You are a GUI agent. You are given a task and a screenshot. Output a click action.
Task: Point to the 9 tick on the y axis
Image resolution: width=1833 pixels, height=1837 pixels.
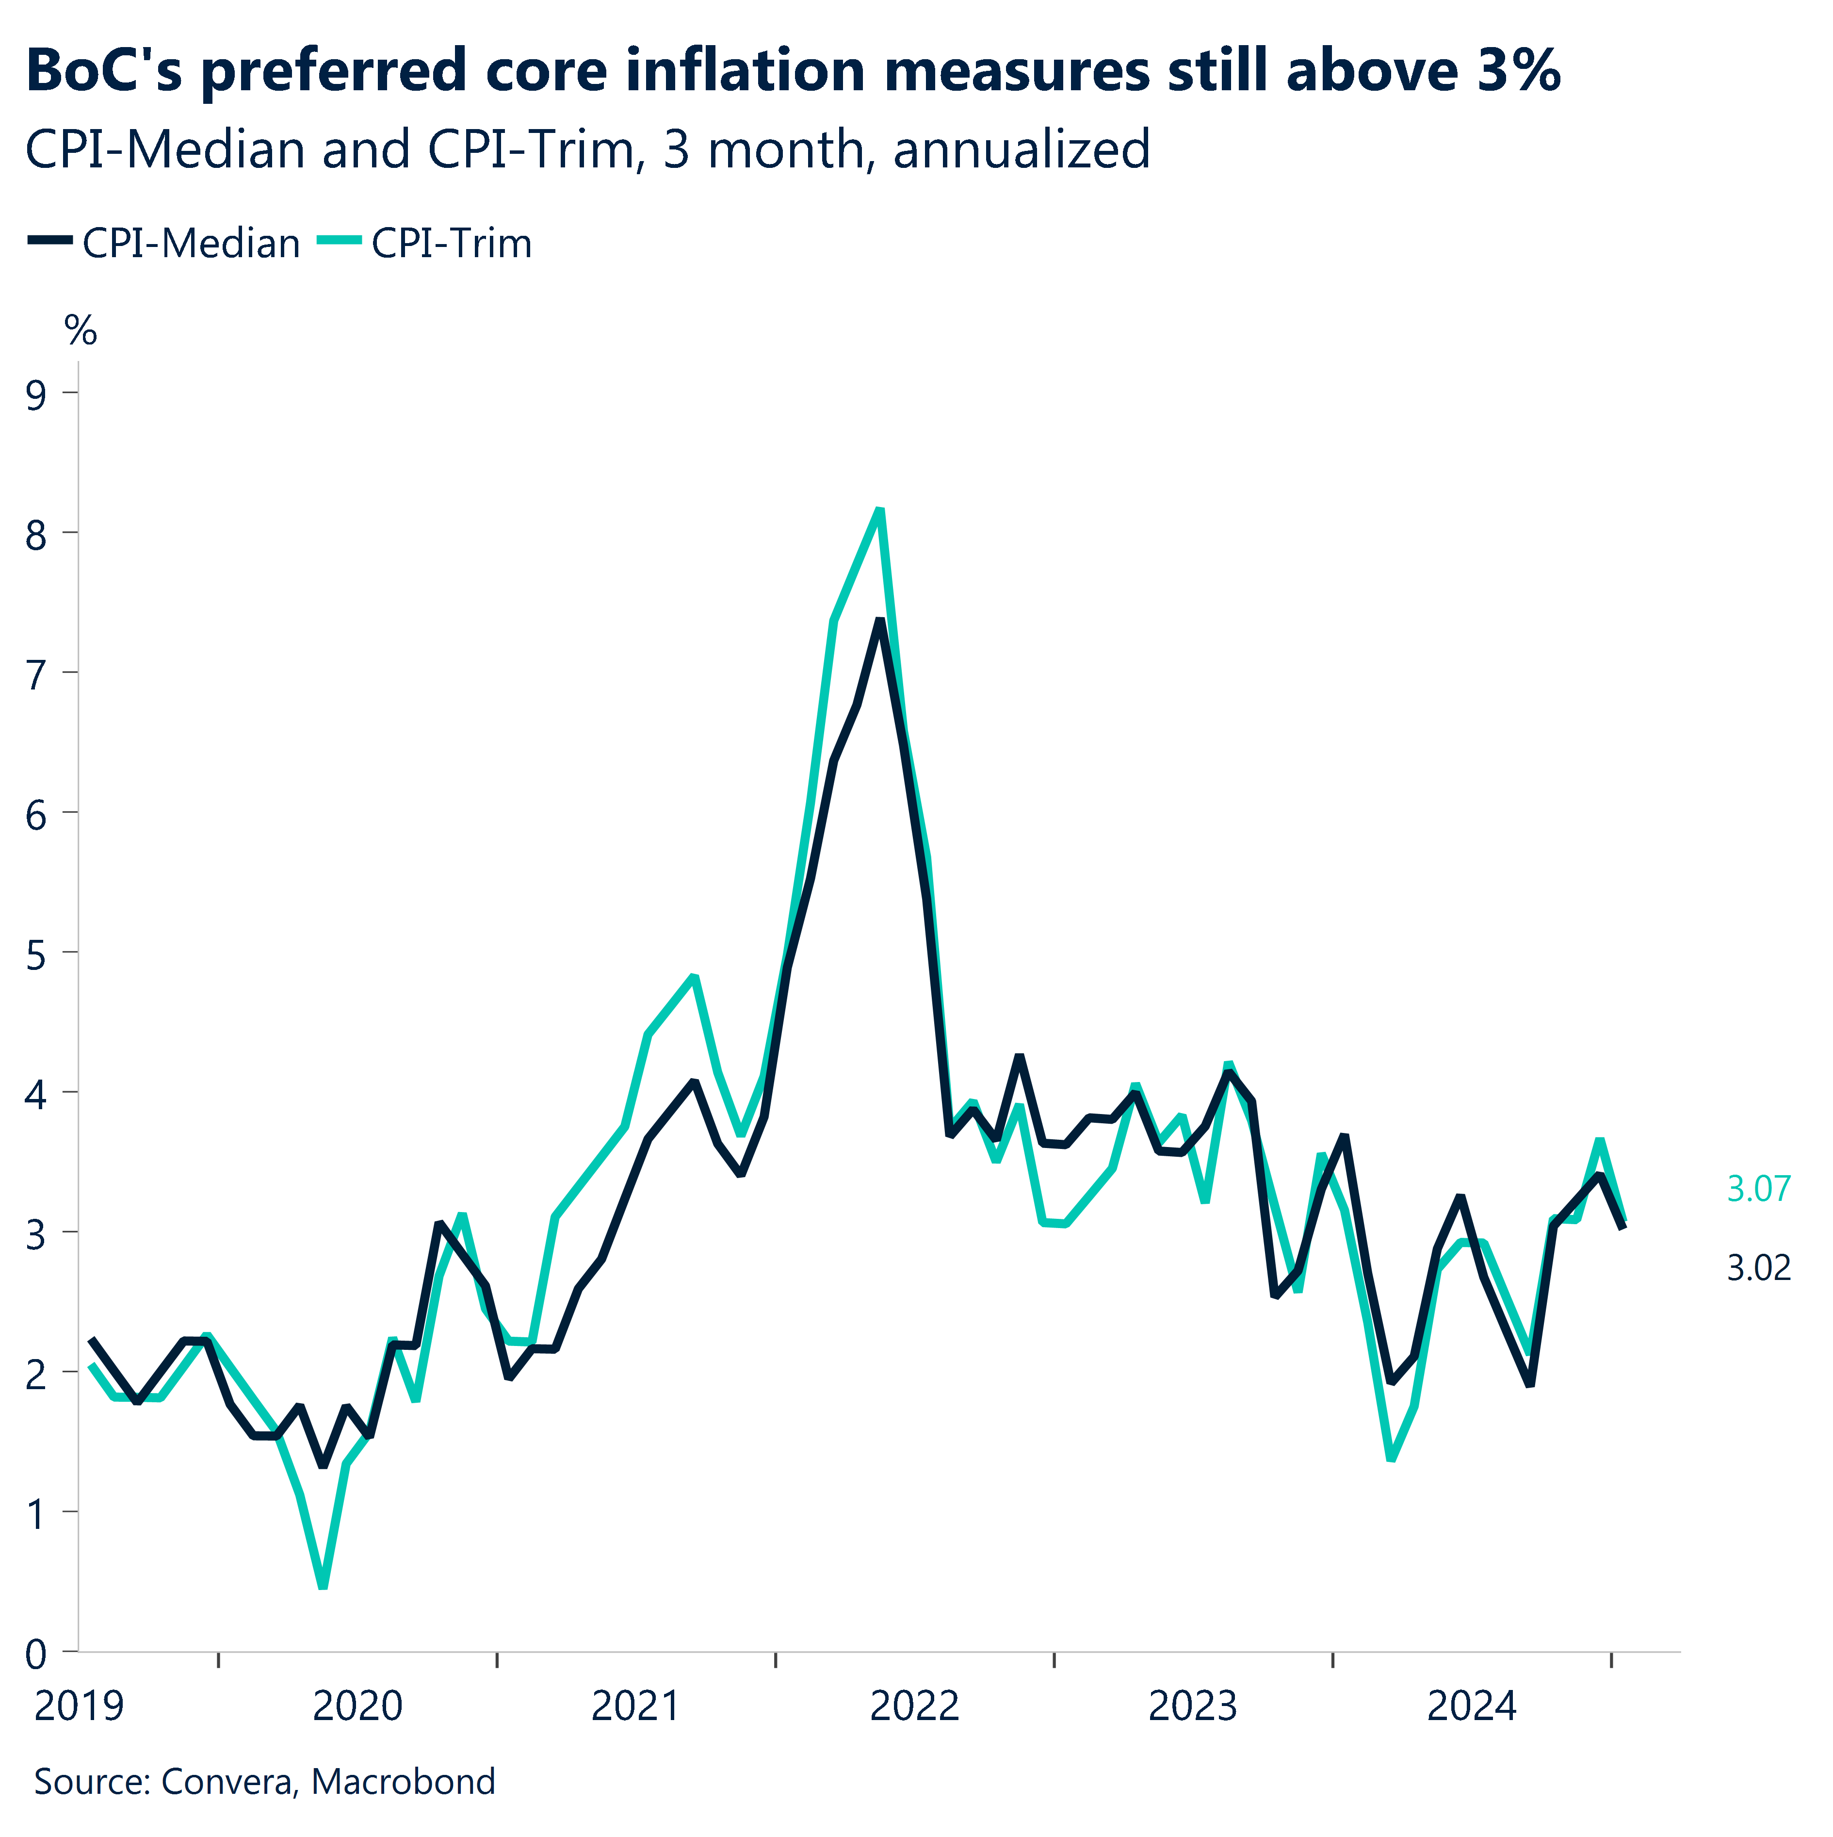(x=36, y=394)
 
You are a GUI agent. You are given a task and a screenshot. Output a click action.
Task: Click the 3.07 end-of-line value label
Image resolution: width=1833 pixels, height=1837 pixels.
(x=1758, y=1189)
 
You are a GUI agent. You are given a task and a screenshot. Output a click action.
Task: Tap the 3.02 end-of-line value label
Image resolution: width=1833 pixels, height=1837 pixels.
(x=1758, y=1267)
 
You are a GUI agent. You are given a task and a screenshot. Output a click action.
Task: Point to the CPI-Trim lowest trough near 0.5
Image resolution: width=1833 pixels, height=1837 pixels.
(x=323, y=1585)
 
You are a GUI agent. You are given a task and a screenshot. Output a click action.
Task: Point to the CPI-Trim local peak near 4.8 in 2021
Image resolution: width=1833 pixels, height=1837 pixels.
(x=694, y=977)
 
